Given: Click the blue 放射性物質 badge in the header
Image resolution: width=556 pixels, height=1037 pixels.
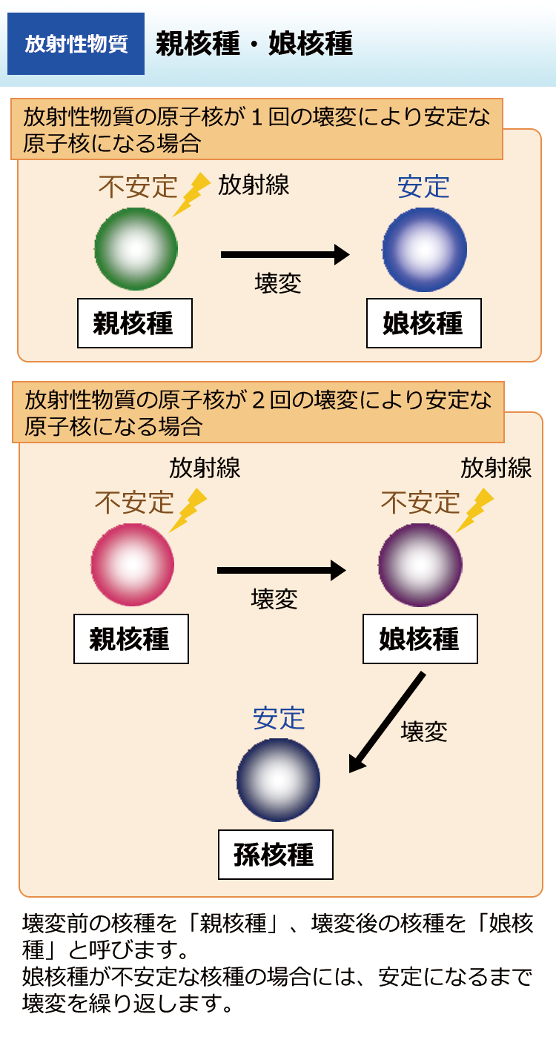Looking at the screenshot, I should [76, 44].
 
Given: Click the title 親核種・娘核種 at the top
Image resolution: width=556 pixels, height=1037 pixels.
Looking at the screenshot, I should [254, 44].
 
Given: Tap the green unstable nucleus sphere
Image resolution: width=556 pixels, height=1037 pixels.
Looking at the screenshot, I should [136, 248].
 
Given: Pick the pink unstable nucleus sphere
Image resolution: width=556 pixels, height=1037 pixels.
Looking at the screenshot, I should [132, 565].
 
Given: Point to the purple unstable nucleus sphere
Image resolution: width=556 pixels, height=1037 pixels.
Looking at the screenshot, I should [419, 566].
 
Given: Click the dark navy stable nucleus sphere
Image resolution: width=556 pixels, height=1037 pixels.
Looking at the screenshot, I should [278, 780].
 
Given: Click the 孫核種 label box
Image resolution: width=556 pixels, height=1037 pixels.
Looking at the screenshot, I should [275, 855].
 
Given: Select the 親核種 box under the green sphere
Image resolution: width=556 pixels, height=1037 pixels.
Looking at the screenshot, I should [134, 323].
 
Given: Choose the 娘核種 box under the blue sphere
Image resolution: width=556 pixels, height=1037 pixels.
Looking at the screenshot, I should [423, 323].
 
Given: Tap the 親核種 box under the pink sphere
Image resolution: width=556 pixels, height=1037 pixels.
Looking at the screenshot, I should [130, 639].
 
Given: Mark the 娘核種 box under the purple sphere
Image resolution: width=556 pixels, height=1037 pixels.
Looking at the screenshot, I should [420, 639].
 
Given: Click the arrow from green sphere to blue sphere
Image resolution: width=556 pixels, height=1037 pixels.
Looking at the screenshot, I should [285, 254].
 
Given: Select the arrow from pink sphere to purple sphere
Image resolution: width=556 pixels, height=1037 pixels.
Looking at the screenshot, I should [281, 570].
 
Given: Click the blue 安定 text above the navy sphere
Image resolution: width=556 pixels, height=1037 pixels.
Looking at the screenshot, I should [279, 718].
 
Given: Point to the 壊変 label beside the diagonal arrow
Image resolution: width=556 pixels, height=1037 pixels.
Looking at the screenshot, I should [424, 732].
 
